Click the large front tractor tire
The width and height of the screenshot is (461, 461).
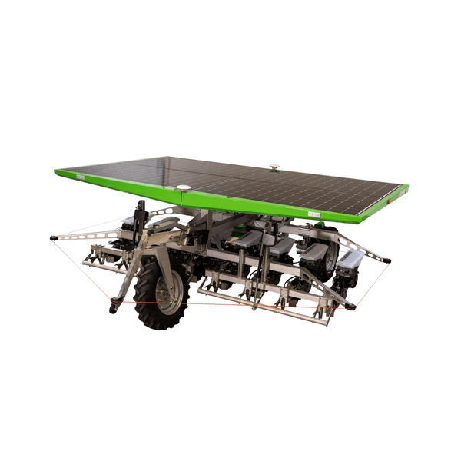[x=161, y=292]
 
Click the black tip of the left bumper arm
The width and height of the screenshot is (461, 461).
[x=52, y=237]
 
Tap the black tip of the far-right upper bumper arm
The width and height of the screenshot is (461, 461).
[x=387, y=260]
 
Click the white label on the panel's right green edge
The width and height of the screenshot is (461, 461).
[x=313, y=214]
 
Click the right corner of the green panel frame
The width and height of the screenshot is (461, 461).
[x=405, y=188]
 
